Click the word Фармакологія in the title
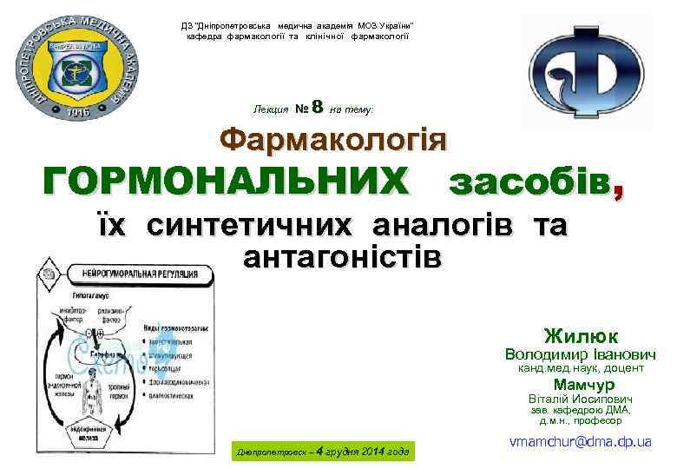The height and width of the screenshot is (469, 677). click(333, 139)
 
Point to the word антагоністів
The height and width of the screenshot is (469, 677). click(343, 257)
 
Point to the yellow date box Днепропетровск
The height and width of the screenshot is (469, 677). click(318, 452)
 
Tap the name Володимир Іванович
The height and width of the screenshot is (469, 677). click(581, 354)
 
